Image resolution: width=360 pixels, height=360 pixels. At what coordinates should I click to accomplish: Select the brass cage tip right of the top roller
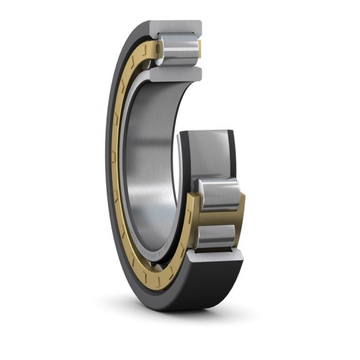point(200,48)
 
